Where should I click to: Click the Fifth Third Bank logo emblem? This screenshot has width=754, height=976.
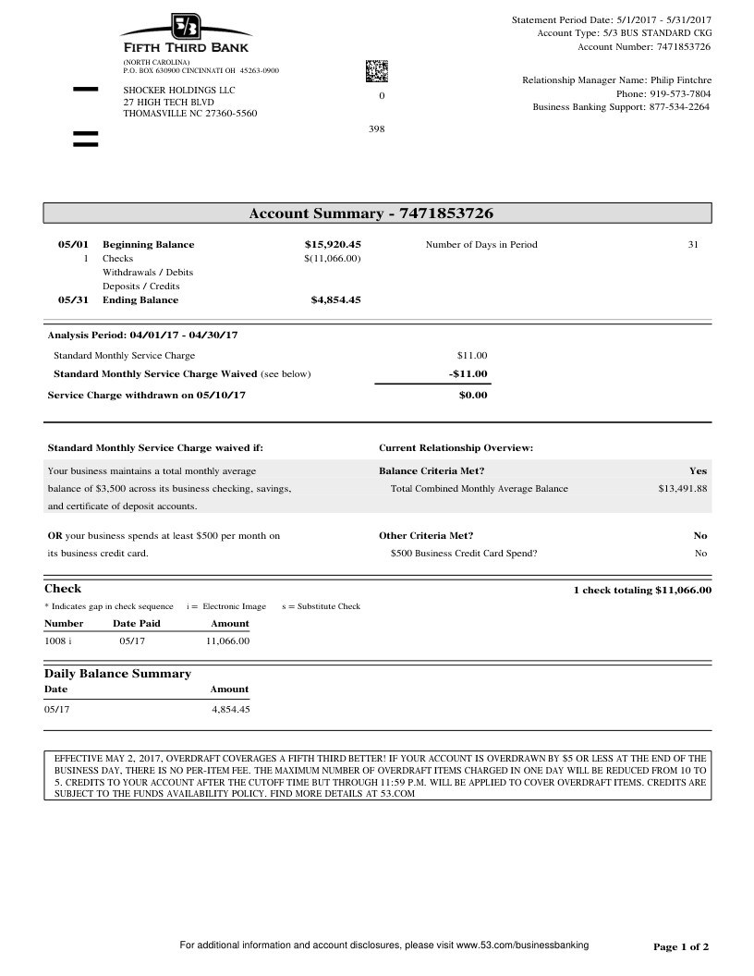pyautogui.click(x=185, y=27)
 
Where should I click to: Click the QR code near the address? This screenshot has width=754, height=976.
pyautogui.click(x=377, y=71)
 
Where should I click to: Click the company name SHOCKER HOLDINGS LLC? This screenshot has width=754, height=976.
pyautogui.click(x=179, y=90)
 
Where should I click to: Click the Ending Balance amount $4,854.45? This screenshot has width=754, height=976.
pyautogui.click(x=335, y=299)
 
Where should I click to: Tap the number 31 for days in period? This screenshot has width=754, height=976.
pyautogui.click(x=693, y=245)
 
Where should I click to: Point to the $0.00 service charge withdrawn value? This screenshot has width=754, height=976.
pyautogui.click(x=472, y=396)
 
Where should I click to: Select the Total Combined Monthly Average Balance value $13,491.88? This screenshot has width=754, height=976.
pyautogui.click(x=682, y=489)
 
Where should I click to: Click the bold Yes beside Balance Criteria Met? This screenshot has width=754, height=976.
pyautogui.click(x=698, y=471)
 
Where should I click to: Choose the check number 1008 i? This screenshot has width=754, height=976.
pyautogui.click(x=58, y=640)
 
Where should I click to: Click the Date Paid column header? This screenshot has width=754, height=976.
pyautogui.click(x=137, y=624)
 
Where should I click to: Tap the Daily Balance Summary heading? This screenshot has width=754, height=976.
pyautogui.click(x=117, y=674)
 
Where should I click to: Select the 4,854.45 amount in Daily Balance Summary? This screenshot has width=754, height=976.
pyautogui.click(x=230, y=710)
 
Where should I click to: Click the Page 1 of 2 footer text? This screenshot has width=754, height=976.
pyautogui.click(x=681, y=946)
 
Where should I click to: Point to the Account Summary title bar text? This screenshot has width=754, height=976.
pyautogui.click(x=371, y=214)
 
